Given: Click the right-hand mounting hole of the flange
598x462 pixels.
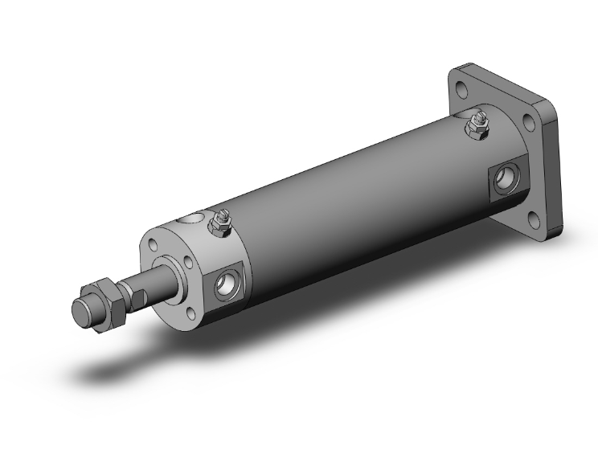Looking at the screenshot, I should (x=530, y=123).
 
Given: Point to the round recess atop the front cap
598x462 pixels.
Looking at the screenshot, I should (x=190, y=219).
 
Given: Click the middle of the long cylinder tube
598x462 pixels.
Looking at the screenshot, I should (x=354, y=201).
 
